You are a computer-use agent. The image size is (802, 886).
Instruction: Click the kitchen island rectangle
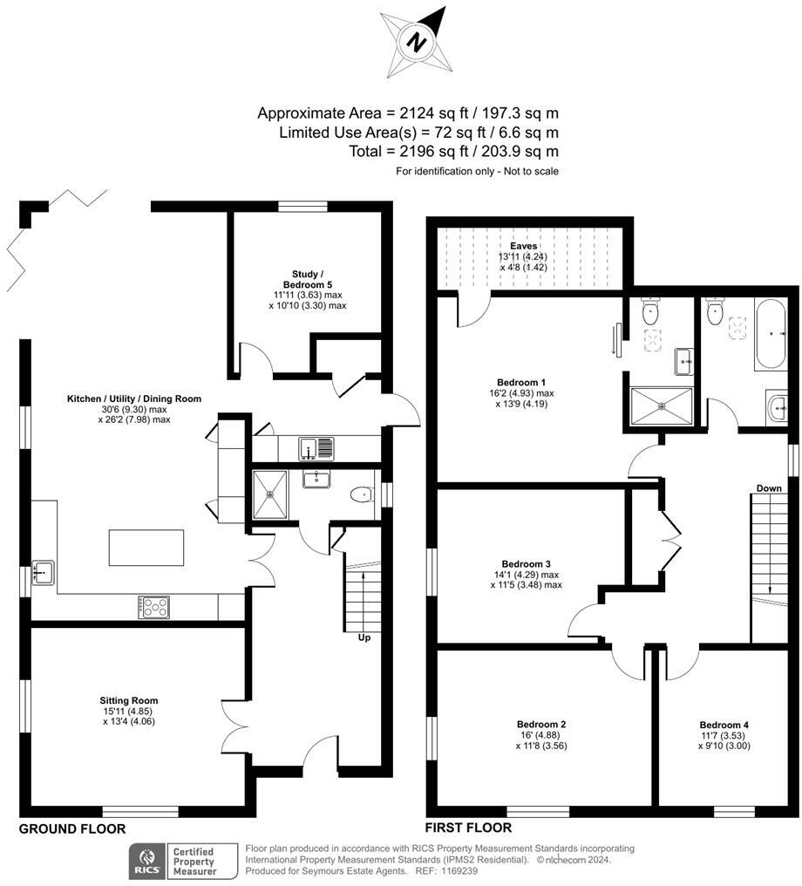tap(147, 549)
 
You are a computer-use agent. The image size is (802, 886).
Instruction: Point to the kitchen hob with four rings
tap(155, 607)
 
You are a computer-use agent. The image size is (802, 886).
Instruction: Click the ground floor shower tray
tap(272, 494)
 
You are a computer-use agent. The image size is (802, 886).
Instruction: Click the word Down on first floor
tap(769, 487)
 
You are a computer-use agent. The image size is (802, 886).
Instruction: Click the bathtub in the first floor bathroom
tap(771, 334)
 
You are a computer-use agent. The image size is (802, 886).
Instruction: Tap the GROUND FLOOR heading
tap(72, 828)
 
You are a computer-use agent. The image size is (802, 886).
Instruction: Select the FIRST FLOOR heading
tap(468, 828)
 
